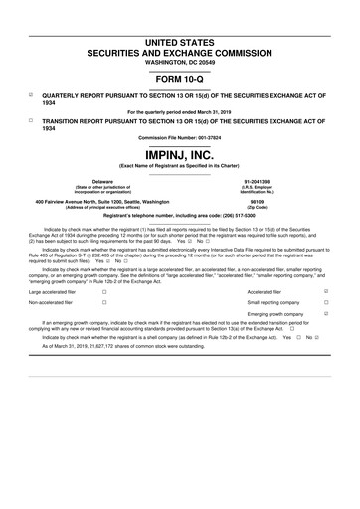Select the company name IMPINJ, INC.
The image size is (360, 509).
(x=180, y=156)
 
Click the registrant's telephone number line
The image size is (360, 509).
(x=180, y=215)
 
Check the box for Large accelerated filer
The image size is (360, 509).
(x=104, y=292)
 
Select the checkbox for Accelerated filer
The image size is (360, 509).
(x=327, y=292)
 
